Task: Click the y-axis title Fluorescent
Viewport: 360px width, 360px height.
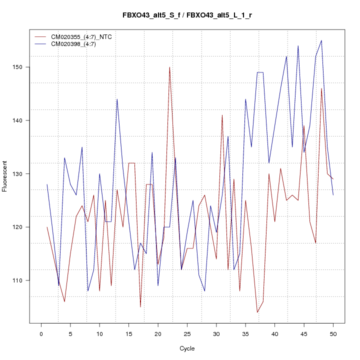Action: (5, 176)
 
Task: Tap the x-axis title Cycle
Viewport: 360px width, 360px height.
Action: (187, 348)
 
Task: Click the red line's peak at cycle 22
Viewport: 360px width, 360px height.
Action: (169, 67)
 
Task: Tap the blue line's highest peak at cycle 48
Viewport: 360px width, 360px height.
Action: (321, 40)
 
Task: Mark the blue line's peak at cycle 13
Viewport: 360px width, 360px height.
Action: (117, 99)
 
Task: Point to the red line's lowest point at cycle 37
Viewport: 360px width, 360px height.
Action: (257, 312)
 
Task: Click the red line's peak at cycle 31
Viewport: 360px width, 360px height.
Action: (222, 115)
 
